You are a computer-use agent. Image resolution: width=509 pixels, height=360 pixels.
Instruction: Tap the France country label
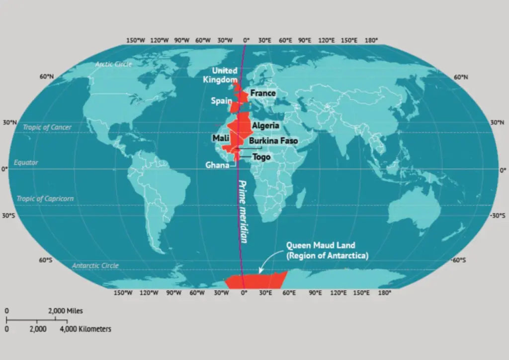262,93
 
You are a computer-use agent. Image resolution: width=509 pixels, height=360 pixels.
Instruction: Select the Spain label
221,101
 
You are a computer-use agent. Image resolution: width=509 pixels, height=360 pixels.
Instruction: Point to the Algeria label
265,126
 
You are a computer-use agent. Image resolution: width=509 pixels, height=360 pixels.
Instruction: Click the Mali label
220,137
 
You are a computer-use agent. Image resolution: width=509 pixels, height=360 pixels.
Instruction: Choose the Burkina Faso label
273,141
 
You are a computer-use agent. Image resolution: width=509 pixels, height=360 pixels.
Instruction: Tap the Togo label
261,157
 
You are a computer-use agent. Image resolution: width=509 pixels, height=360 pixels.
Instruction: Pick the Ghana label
217,166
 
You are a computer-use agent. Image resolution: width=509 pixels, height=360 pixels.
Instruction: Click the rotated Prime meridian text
243,211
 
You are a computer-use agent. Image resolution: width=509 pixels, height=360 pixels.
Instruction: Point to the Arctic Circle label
113,64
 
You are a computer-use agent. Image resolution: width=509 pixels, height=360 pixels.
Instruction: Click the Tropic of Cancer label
47,127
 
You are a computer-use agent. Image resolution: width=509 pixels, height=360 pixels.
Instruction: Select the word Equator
26,163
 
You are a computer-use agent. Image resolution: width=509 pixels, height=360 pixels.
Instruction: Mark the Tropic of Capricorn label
45,198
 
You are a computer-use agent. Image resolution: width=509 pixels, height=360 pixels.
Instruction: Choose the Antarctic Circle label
95,266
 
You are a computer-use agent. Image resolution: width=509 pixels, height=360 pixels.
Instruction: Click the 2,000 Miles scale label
65,311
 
